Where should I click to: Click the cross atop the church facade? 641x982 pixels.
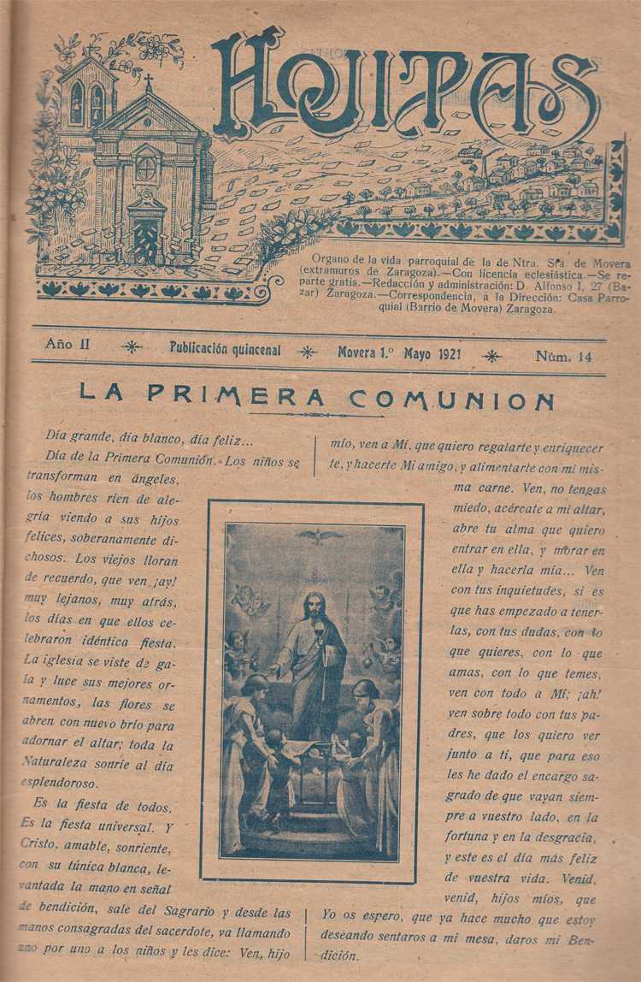147,82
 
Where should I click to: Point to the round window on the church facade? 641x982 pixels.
146,168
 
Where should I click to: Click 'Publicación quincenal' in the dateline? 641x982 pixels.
225,350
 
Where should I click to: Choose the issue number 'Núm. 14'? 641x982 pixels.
564,356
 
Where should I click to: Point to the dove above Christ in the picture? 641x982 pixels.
313,536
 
